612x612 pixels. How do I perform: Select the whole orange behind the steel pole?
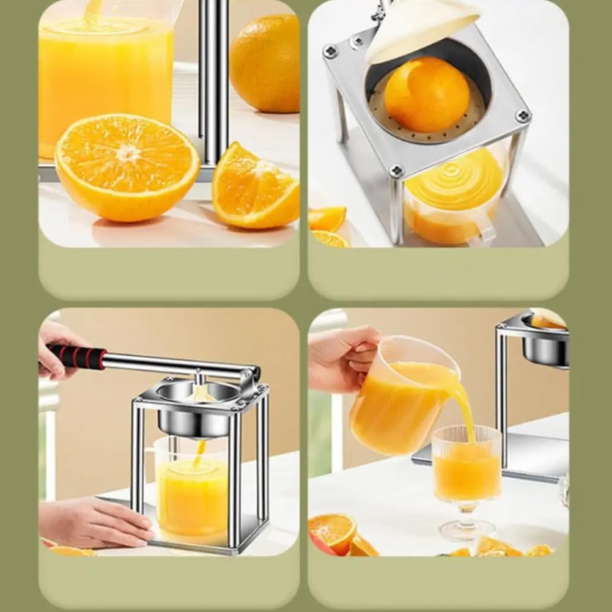[265, 63]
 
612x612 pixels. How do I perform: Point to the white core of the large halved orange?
[128, 153]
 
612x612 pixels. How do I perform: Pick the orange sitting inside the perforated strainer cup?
[427, 95]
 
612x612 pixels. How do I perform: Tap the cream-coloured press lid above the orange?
[422, 28]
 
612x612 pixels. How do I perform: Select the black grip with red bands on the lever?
[76, 356]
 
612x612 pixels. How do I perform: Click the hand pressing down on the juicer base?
[92, 523]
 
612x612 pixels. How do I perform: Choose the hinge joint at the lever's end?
[249, 376]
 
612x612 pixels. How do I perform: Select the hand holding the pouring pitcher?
[345, 358]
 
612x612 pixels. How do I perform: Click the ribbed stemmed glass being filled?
[466, 465]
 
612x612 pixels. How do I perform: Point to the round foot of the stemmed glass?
[466, 530]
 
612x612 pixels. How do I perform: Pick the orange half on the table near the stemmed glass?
[332, 531]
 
